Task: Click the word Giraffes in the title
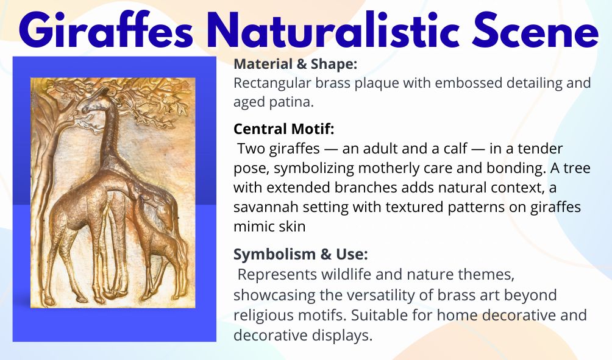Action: click(x=106, y=30)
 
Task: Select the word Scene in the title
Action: click(x=535, y=30)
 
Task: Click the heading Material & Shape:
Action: click(x=295, y=64)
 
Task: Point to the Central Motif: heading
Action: click(x=284, y=129)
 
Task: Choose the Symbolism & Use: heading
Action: click(x=301, y=254)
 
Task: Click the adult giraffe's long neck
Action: click(x=110, y=136)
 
